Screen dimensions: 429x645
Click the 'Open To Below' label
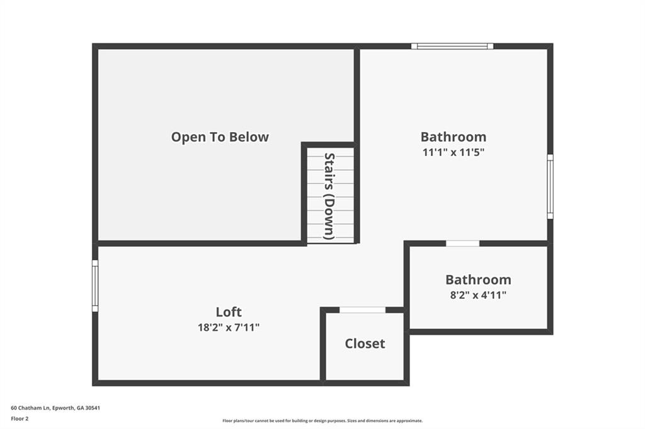pyautogui.click(x=220, y=136)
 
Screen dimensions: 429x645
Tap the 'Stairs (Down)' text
pyautogui.click(x=329, y=196)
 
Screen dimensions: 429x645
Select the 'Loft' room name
pyautogui.click(x=228, y=311)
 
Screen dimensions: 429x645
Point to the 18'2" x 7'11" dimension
pyautogui.click(x=228, y=327)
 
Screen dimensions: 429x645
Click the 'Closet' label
pyautogui.click(x=365, y=343)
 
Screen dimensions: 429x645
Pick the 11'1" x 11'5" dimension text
pyautogui.click(x=453, y=152)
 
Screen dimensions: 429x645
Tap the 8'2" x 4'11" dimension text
pyautogui.click(x=477, y=294)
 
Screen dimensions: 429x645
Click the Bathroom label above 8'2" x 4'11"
pyautogui.click(x=477, y=279)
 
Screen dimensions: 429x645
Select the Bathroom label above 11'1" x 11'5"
pyautogui.click(x=453, y=136)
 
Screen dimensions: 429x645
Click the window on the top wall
pyautogui.click(x=452, y=46)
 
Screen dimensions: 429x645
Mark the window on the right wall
pyautogui.click(x=550, y=187)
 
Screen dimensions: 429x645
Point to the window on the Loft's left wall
pyautogui.click(x=95, y=286)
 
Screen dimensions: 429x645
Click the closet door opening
pyautogui.click(x=362, y=309)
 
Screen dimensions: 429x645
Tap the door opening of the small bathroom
pyautogui.click(x=462, y=243)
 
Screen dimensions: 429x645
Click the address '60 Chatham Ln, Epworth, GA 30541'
pyautogui.click(x=55, y=408)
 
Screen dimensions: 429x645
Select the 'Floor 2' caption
pyautogui.click(x=20, y=418)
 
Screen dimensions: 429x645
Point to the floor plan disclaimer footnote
pyautogui.click(x=322, y=421)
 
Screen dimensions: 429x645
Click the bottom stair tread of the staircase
pyautogui.click(x=330, y=235)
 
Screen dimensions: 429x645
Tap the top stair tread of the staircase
pyautogui.click(x=330, y=152)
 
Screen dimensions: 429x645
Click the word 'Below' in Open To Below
pyautogui.click(x=249, y=136)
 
